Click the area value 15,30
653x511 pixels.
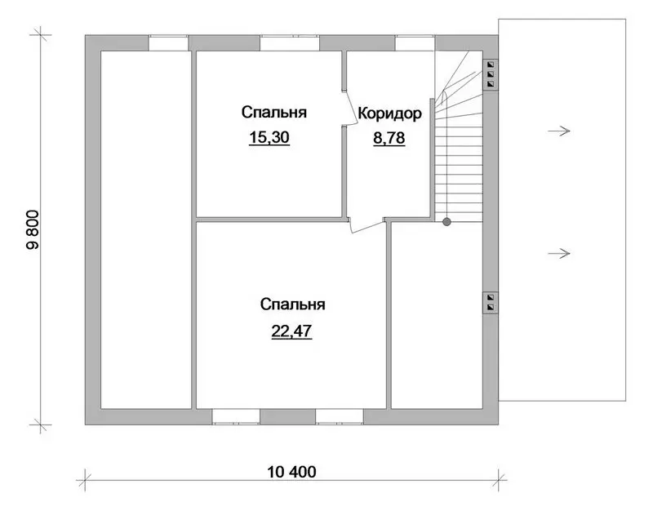(269, 137)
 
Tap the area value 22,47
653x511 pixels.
(291, 331)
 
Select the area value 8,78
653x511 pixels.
(389, 138)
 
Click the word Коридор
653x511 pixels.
(390, 113)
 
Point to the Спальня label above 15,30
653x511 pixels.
(274, 113)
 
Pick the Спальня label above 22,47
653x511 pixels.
(293, 304)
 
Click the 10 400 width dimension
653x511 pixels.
(291, 472)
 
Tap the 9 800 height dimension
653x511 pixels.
(33, 229)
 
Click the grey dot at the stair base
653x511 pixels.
(446, 222)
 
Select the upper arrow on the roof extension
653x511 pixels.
(559, 131)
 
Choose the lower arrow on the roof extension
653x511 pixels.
(559, 253)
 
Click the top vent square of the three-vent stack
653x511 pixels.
(491, 64)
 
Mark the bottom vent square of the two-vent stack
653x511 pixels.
(491, 308)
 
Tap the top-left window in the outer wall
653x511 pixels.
(169, 43)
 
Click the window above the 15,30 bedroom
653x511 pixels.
(290, 43)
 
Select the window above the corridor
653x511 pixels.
(415, 43)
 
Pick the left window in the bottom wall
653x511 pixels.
(236, 416)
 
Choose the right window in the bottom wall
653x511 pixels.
(340, 416)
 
